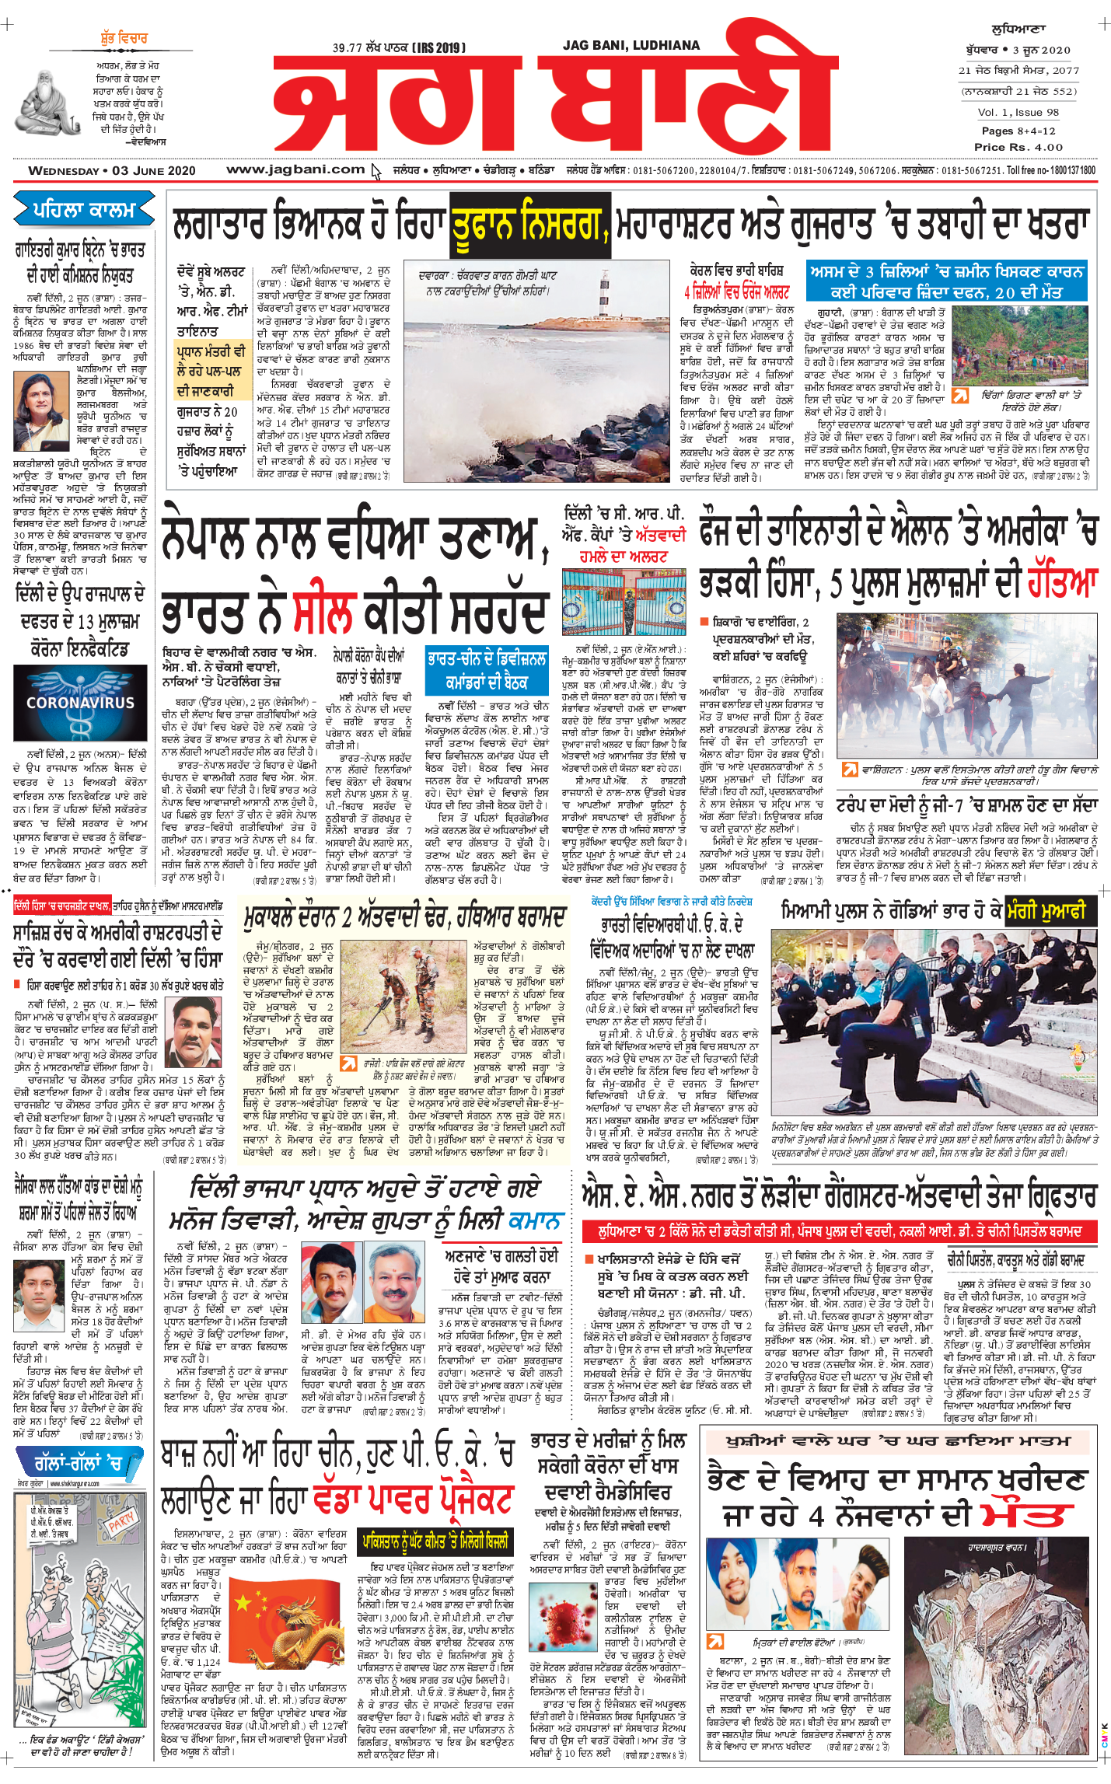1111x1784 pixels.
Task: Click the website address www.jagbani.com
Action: (295, 169)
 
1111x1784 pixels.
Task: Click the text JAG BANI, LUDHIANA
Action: (631, 46)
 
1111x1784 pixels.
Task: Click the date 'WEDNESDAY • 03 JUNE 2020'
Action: (112, 170)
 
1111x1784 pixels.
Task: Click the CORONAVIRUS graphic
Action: (81, 703)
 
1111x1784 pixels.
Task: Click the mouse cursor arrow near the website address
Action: (377, 172)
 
